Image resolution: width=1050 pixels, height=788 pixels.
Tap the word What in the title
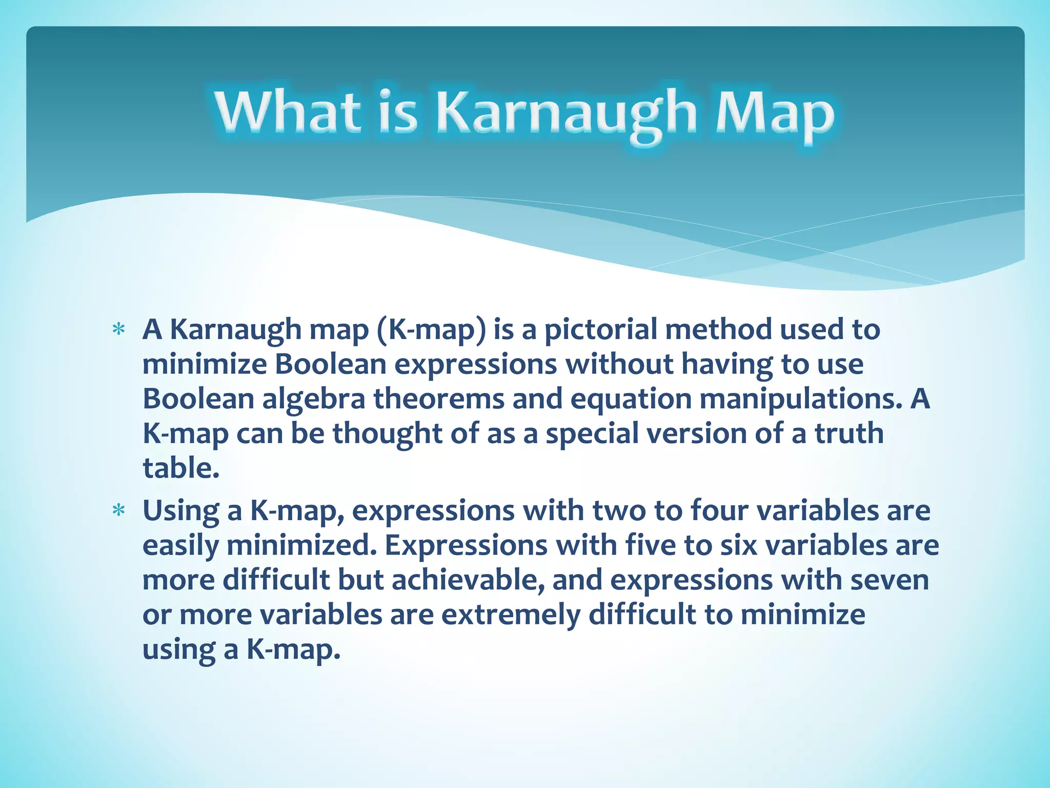287,110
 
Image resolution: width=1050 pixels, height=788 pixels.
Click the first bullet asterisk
119,330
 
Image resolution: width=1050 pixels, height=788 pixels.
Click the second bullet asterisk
119,511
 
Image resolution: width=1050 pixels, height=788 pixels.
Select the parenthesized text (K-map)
431,330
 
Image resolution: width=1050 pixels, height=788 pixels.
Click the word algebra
314,399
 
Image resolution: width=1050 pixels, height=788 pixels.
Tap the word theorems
439,399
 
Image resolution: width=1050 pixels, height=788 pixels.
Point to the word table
180,468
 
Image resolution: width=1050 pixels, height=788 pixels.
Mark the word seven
890,580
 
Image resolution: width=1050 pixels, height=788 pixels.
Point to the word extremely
511,615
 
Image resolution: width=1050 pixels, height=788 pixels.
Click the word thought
388,434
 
